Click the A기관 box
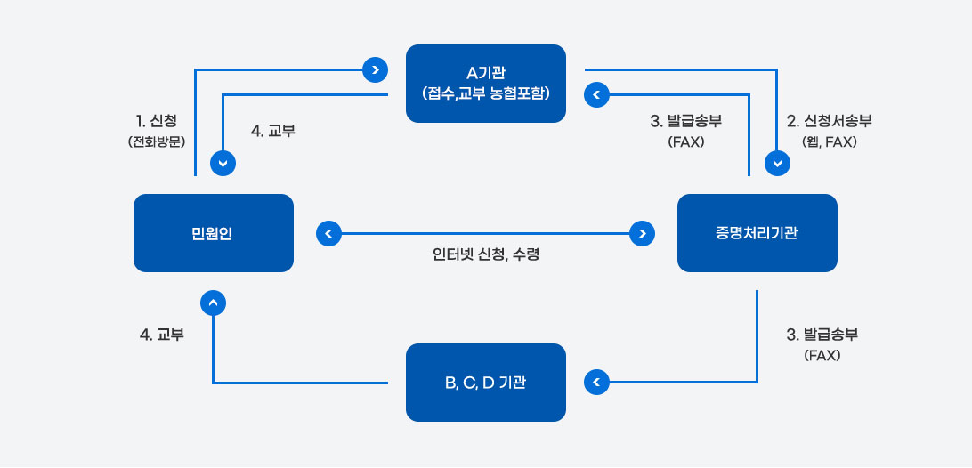tap(485, 83)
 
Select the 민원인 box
tap(213, 233)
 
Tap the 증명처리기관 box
tap(757, 233)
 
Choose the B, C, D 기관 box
tap(485, 383)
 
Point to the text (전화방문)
tap(157, 141)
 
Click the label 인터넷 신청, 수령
tap(486, 255)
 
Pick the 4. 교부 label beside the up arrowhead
tap(162, 335)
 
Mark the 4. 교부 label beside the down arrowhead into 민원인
tap(273, 131)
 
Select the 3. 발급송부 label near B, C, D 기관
tap(822, 335)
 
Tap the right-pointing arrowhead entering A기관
tap(376, 69)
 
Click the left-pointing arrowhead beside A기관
tap(596, 93)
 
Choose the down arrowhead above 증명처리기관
tap(778, 163)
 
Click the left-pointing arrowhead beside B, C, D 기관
tap(596, 383)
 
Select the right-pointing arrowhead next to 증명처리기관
tap(641, 233)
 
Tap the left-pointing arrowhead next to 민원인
tap(328, 233)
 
